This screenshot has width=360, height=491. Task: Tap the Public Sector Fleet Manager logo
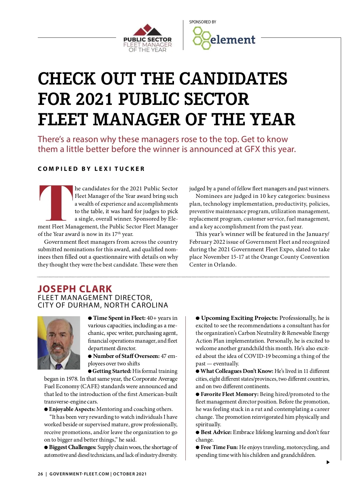[147, 38]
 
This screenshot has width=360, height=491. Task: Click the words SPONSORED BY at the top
[202, 22]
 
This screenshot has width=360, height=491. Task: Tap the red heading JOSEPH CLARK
[75, 289]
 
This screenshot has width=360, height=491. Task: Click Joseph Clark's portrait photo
[59, 343]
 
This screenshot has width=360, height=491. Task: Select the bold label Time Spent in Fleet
[119, 318]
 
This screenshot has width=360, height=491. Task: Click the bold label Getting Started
[112, 371]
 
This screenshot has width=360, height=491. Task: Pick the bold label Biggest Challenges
[73, 447]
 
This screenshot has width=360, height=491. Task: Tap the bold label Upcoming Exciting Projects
[239, 318]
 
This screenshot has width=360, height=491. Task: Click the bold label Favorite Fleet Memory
[229, 394]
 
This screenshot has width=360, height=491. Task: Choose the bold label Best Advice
[216, 432]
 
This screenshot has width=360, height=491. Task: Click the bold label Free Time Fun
[219, 447]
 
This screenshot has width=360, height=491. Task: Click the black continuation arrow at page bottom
[328, 462]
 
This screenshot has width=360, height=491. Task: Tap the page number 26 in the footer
[40, 474]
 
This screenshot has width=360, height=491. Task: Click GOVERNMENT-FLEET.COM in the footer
[79, 474]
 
